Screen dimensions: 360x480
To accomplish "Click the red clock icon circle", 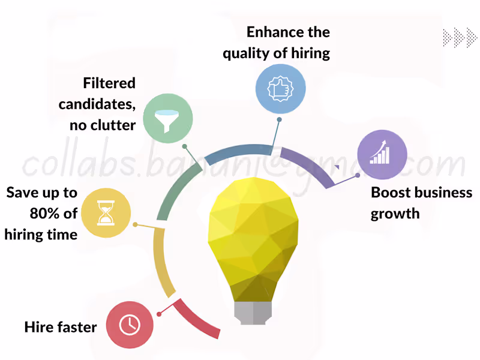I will coord(130,325).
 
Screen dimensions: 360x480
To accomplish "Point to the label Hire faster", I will coord(61,327).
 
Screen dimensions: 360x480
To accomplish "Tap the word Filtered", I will coord(109,83).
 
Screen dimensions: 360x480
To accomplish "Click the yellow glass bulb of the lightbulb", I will coord(253,234).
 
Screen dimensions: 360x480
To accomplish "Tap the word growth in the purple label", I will coord(395,214).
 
